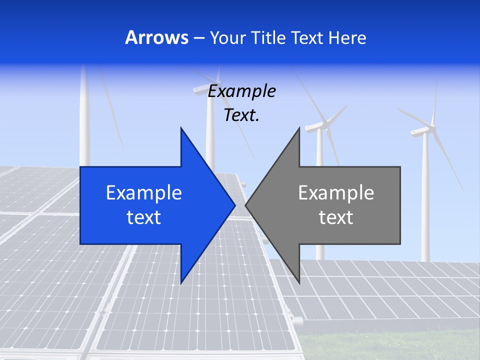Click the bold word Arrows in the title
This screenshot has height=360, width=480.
click(157, 37)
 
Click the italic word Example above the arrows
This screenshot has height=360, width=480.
click(241, 92)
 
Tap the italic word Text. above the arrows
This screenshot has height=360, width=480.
click(241, 115)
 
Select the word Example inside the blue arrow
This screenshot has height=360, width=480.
click(144, 193)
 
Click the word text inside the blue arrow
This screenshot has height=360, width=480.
click(144, 217)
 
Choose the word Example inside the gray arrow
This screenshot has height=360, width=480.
click(336, 193)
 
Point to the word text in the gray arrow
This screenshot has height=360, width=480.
click(336, 217)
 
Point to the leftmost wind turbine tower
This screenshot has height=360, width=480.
click(85, 120)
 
